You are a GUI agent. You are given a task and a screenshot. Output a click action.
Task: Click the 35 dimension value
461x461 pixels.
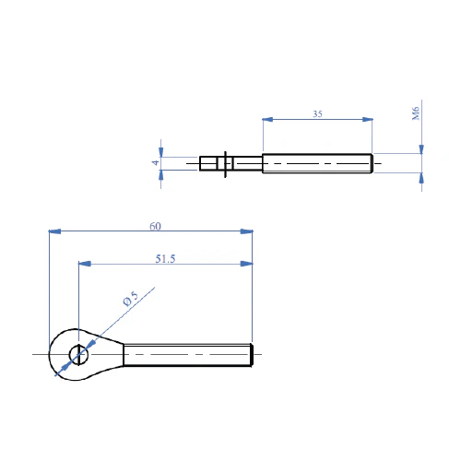point(317,114)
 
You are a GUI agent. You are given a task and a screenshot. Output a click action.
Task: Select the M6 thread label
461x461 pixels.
point(416,113)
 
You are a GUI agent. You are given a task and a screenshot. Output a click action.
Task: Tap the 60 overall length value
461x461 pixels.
point(155,226)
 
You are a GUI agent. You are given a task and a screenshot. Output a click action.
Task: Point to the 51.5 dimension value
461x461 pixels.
point(165,259)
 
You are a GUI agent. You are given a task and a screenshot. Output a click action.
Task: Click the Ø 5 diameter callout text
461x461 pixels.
point(131,299)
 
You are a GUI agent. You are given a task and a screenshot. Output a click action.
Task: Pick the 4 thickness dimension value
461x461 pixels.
point(156,162)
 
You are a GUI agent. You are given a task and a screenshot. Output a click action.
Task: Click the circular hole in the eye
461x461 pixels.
point(78,354)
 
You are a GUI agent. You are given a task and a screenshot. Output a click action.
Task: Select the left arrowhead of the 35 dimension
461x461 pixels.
point(267,119)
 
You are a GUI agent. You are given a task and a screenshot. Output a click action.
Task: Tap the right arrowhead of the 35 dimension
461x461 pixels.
point(367,119)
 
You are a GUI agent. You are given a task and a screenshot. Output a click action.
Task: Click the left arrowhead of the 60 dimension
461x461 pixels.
point(54,231)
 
